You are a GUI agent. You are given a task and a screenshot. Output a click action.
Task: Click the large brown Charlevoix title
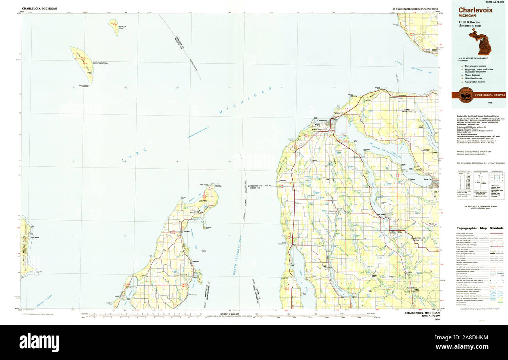[x=475, y=10]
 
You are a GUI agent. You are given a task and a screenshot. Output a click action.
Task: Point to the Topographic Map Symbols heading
[x=480, y=228]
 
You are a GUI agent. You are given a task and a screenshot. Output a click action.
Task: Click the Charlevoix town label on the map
[x=322, y=121]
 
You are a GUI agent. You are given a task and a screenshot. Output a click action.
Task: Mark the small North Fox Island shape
[x=114, y=27]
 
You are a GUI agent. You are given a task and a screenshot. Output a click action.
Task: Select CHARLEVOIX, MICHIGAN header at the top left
[x=39, y=9]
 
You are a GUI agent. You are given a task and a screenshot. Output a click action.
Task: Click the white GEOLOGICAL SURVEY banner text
[x=490, y=94]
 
